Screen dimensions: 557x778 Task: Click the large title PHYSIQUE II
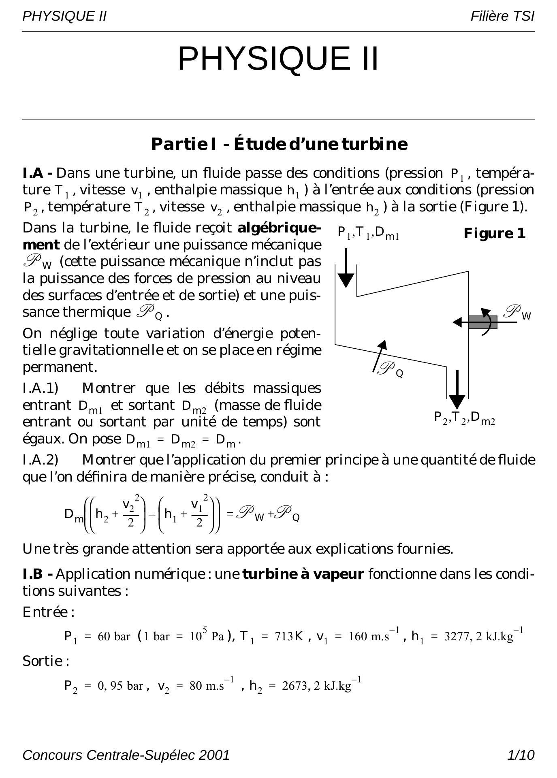(278, 59)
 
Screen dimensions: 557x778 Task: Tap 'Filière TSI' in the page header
(502, 16)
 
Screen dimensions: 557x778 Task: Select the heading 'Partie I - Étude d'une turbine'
(279, 144)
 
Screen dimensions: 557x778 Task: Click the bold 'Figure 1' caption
(494, 234)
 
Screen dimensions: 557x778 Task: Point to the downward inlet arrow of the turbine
(346, 268)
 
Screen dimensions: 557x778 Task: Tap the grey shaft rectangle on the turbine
(483, 322)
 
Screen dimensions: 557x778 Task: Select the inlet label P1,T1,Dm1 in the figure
(368, 233)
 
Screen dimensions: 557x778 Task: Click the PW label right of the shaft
(517, 313)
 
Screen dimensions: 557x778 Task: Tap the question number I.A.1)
(41, 388)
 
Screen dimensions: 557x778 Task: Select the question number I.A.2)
(41, 460)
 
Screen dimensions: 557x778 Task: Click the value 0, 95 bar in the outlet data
(120, 686)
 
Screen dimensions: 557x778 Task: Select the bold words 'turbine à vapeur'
(303, 574)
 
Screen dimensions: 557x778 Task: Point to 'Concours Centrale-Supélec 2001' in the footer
(126, 755)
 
